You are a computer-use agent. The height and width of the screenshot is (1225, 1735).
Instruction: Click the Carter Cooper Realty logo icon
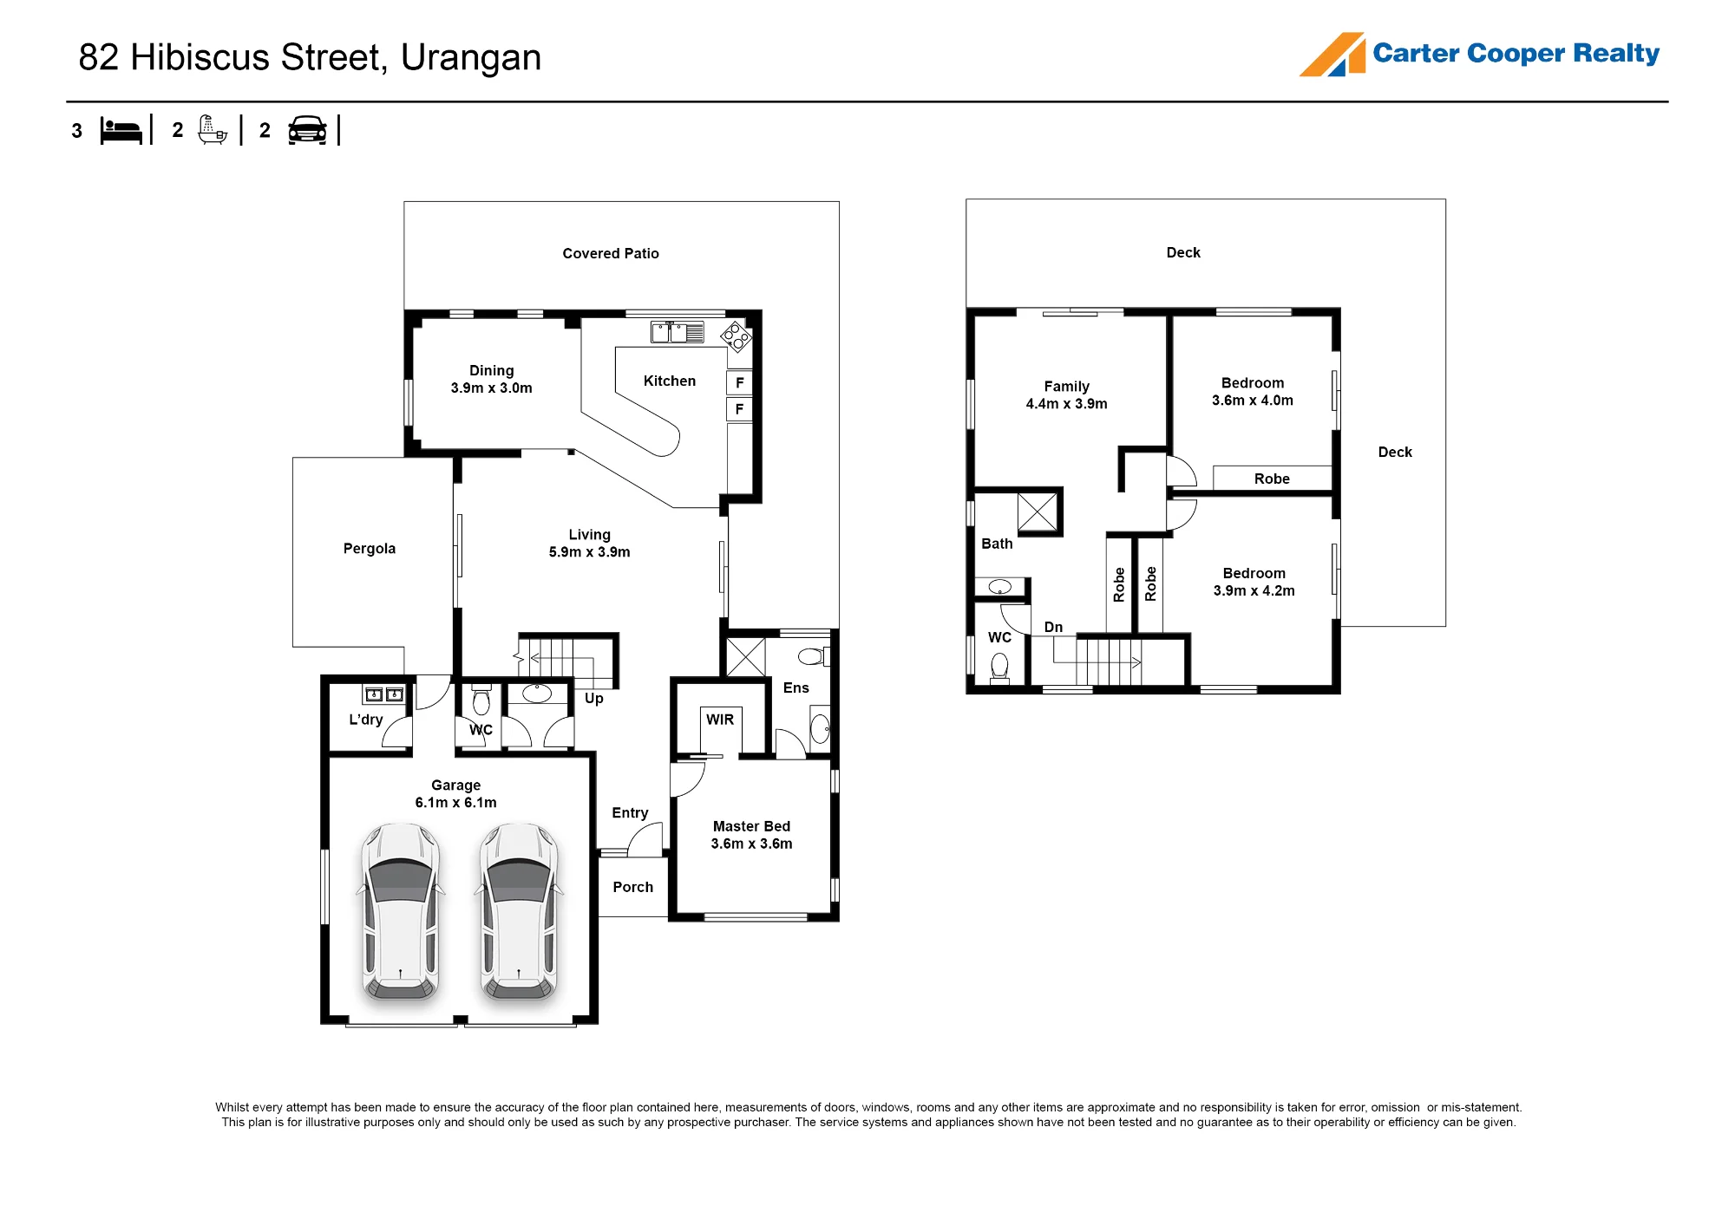pyautogui.click(x=1332, y=55)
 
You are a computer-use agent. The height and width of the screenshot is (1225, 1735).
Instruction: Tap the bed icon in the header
pyautogui.click(x=121, y=131)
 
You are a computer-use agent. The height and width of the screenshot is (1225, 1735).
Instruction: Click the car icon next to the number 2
pyautogui.click(x=307, y=130)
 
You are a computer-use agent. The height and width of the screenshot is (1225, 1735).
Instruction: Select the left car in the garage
pyautogui.click(x=400, y=911)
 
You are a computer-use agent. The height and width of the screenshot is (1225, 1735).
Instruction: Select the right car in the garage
pyautogui.click(x=519, y=911)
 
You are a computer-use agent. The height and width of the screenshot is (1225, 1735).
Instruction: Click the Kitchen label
pyautogui.click(x=670, y=381)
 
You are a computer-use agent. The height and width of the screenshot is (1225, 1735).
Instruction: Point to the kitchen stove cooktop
pyautogui.click(x=736, y=336)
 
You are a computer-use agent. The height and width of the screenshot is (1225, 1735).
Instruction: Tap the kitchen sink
pyautogui.click(x=678, y=332)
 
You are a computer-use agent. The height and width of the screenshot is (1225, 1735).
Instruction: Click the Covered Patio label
pyautogui.click(x=611, y=253)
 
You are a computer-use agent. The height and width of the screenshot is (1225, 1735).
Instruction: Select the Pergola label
pyautogui.click(x=370, y=548)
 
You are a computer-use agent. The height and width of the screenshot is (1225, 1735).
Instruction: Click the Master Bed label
pyautogui.click(x=751, y=826)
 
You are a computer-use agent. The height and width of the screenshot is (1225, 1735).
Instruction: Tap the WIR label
pyautogui.click(x=720, y=720)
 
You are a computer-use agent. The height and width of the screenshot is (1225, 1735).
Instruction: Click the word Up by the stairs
pyautogui.click(x=594, y=699)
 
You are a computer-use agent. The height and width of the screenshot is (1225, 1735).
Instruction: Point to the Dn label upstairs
pyautogui.click(x=1053, y=627)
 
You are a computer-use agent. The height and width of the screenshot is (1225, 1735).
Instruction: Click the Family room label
pyautogui.click(x=1067, y=386)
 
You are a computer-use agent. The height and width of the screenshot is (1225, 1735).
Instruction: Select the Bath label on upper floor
pyautogui.click(x=997, y=544)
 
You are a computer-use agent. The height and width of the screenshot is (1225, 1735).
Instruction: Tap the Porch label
pyautogui.click(x=633, y=887)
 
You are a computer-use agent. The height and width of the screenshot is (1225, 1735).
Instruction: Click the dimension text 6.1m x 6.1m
pyautogui.click(x=456, y=803)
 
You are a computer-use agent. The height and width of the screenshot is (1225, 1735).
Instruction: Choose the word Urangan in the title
pyautogui.click(x=471, y=57)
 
